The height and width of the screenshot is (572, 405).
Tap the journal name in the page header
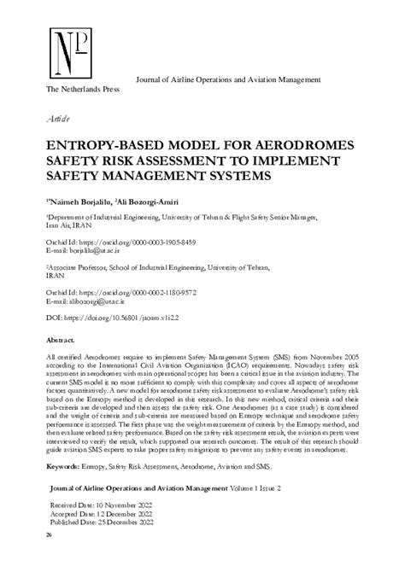coord(228,79)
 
